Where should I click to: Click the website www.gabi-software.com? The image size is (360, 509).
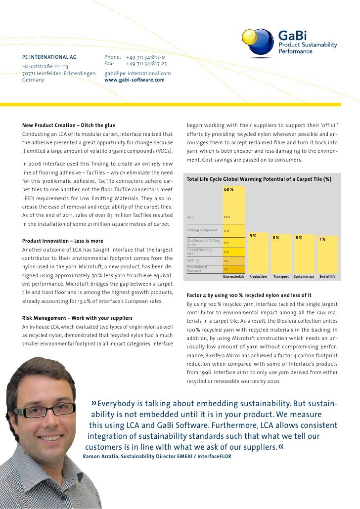point(134,80)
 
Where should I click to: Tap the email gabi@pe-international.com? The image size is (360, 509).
point(137,73)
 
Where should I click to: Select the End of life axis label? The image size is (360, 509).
point(327,277)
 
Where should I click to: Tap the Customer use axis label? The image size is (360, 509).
point(304,277)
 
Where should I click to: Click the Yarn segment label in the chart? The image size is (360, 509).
point(190,217)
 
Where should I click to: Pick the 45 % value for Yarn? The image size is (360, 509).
point(226,217)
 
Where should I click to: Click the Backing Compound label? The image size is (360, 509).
point(202,230)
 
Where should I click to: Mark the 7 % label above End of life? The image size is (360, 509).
point(322,239)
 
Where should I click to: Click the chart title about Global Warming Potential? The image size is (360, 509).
point(259,178)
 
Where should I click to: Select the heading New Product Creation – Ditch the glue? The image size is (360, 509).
point(69,125)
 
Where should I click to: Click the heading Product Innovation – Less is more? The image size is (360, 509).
point(63,241)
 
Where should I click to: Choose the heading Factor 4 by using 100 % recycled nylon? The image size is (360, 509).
point(249,295)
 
